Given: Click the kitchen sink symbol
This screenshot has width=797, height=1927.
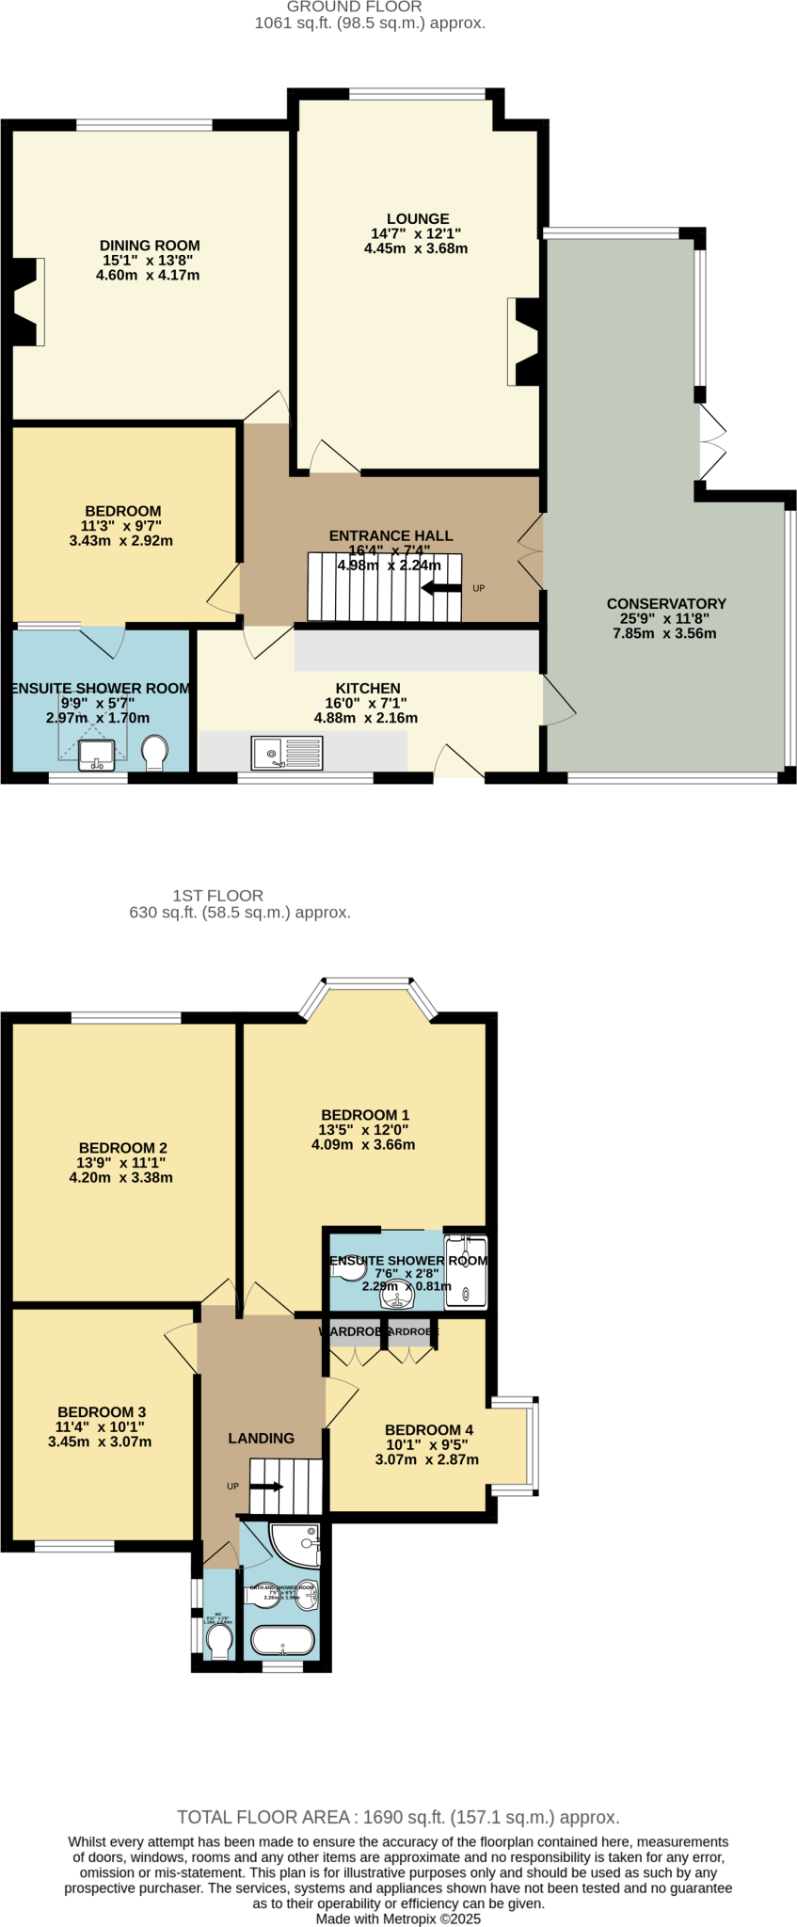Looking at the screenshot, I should click(287, 752).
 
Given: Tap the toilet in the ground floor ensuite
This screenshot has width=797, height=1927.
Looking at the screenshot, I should click(154, 752).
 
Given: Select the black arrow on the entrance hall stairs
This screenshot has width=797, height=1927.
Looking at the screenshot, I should click(441, 589).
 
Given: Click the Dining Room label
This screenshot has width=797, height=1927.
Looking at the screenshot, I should click(150, 246).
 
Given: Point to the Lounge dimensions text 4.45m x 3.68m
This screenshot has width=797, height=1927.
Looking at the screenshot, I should click(416, 249).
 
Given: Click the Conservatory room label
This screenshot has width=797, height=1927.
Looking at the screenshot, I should click(665, 603).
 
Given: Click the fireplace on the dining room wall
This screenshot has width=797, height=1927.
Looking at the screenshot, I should click(25, 302).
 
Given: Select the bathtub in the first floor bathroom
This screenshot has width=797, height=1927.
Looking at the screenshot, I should click(281, 1641).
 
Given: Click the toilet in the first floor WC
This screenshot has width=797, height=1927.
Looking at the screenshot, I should click(219, 1642).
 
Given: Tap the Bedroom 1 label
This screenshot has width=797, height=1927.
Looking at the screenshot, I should click(364, 1115).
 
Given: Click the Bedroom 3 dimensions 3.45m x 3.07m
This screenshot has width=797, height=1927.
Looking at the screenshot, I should click(100, 1441).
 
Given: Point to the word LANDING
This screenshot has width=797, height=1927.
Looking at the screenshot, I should click(262, 1438).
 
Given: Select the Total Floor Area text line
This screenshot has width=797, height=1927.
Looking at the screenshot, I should click(398, 1817).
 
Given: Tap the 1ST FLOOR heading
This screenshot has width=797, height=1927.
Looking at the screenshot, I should click(217, 896).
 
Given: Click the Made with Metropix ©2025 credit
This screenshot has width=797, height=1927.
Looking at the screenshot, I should click(398, 1919).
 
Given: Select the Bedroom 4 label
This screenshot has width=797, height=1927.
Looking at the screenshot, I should click(428, 1429).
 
